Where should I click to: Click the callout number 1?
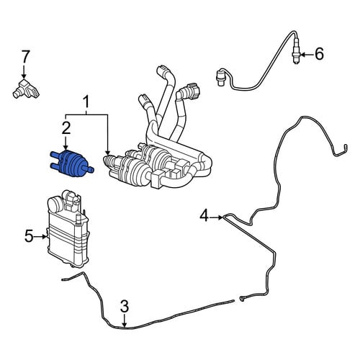pos(86,102)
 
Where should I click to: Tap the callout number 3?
pos(125,306)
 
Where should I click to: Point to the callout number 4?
pos(204,215)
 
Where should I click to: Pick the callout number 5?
pos(29,235)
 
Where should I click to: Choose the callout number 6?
pos(319,54)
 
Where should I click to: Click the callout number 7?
pos(25,56)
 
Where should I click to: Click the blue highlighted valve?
pos(71,163)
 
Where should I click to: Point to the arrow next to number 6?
pos(306,55)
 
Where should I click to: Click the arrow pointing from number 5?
pos(41,236)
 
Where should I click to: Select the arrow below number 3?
pos(125,320)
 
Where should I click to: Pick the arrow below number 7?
pos(24,71)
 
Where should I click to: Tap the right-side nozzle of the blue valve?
pos(91,170)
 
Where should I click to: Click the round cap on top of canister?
pos(54,204)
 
